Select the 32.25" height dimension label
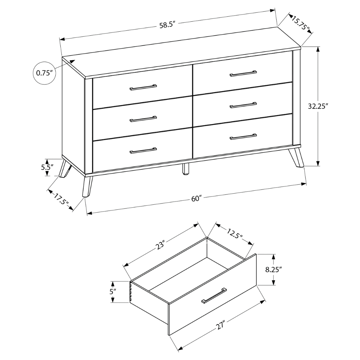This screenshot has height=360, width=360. [x=318, y=106]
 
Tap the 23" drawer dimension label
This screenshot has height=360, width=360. [x=160, y=245]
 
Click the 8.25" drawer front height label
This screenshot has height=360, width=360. [x=274, y=270]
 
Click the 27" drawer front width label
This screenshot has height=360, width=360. [x=220, y=324]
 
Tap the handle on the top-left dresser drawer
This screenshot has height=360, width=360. [x=143, y=87]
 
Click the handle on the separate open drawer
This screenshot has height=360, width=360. [x=214, y=295]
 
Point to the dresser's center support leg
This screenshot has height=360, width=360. [x=186, y=169]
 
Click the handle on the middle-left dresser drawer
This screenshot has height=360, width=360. [x=143, y=119]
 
